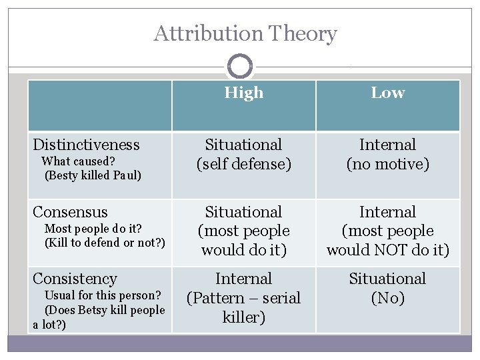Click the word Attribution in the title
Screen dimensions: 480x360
click(208, 33)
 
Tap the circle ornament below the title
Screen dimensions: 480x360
click(239, 67)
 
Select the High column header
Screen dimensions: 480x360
click(243, 93)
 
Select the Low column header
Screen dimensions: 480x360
click(387, 93)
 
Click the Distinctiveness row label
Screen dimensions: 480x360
click(86, 145)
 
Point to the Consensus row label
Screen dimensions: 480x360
click(70, 212)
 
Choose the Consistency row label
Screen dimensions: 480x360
click(75, 279)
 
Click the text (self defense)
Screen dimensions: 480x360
click(243, 164)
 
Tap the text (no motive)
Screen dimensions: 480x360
click(387, 164)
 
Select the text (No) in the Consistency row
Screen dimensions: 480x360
click(387, 298)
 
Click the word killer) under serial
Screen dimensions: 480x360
click(243, 317)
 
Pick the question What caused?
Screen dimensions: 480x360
click(79, 161)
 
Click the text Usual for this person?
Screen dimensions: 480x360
click(102, 295)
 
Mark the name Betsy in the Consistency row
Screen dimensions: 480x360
click(91, 310)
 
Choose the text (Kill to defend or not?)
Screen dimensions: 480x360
click(104, 242)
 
